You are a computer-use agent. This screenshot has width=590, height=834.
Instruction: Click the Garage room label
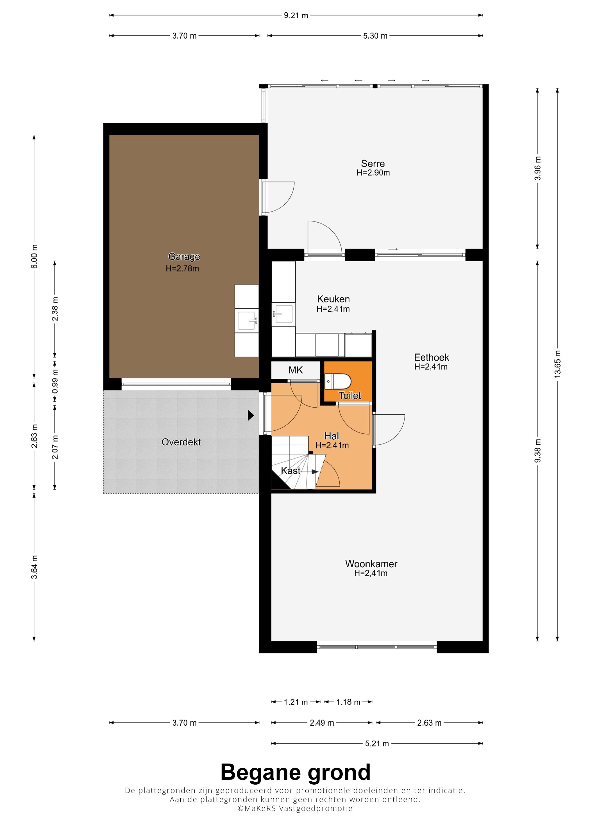point(184,257)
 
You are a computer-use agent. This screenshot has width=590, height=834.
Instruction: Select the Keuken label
point(333,299)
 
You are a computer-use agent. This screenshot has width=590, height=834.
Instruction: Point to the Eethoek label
point(432,357)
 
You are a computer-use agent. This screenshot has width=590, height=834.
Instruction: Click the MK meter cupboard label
point(296,370)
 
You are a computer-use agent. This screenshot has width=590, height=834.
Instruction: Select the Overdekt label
point(181,442)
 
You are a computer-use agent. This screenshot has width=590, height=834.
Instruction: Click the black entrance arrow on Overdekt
point(251,415)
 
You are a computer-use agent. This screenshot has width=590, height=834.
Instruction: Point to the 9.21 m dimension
point(296,15)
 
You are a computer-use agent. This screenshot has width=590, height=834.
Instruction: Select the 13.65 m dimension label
point(557,364)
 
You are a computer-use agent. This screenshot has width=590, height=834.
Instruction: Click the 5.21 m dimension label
point(377,744)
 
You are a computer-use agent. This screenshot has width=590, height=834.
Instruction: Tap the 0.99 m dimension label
point(55,381)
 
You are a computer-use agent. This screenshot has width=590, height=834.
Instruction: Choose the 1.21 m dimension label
point(296,702)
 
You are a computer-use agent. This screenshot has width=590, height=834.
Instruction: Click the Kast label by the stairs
point(291,471)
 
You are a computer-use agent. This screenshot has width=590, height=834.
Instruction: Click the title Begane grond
point(295,772)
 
